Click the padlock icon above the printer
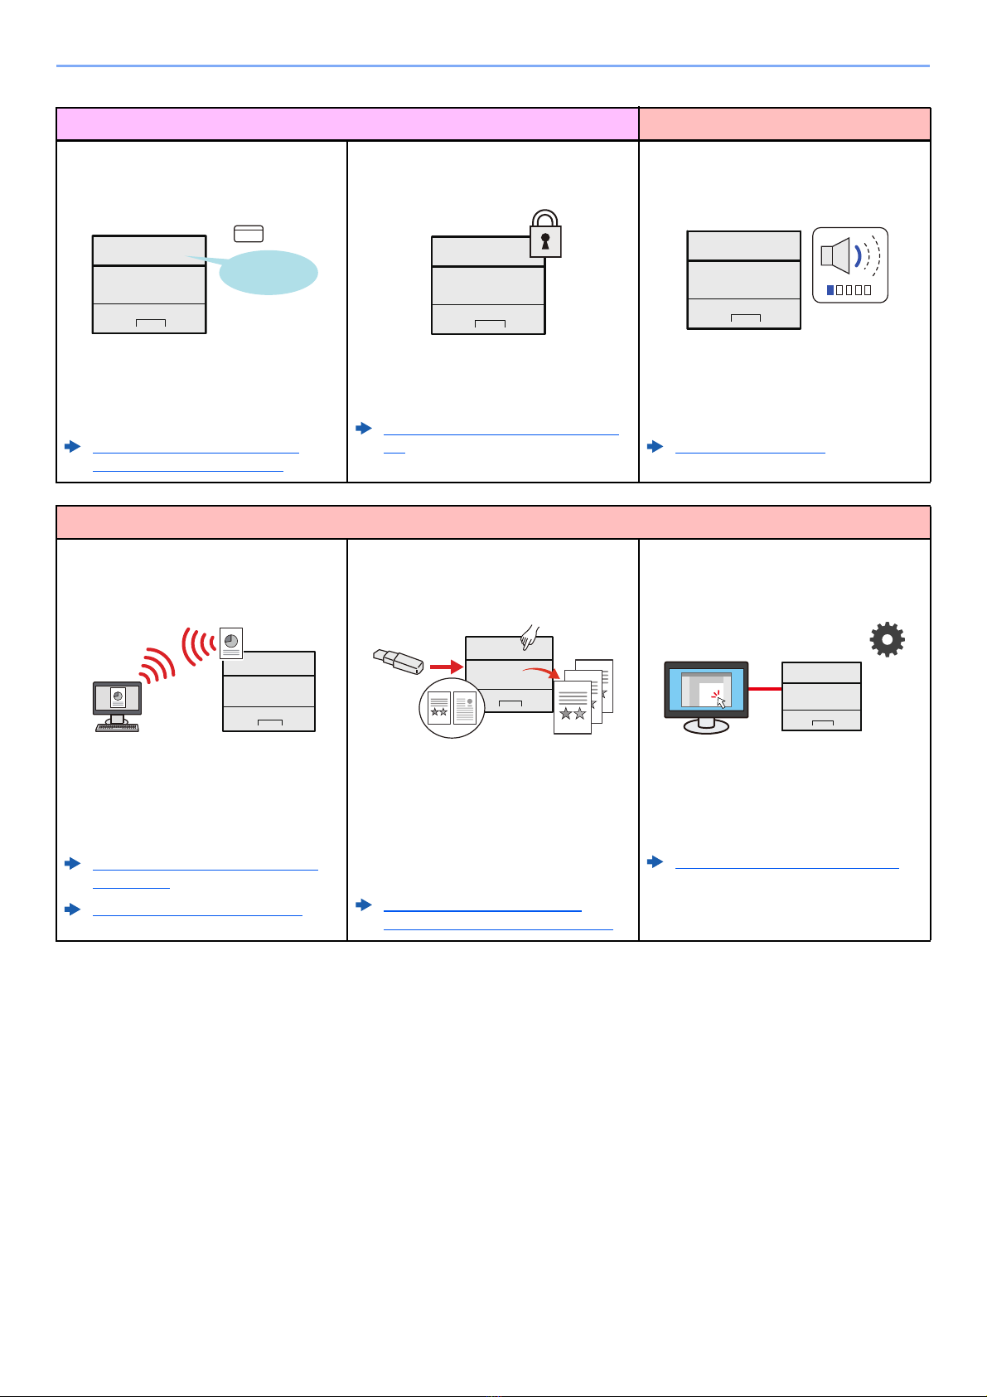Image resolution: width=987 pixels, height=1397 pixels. (545, 233)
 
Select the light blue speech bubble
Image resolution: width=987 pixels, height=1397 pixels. (268, 272)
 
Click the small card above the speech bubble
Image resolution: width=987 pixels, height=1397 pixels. (249, 233)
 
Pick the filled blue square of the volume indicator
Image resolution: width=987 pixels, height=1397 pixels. (830, 290)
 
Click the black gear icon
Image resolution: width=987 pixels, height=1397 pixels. (887, 640)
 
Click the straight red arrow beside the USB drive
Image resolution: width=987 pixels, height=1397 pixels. (446, 665)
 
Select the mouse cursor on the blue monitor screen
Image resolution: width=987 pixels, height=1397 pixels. (721, 702)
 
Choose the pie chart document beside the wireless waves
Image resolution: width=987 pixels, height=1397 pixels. (231, 643)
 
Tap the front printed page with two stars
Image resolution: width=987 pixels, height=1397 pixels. (572, 707)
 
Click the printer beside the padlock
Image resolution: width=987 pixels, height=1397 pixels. (488, 285)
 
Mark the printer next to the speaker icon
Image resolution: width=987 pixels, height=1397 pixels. (743, 280)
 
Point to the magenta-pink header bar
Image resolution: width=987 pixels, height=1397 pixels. (346, 124)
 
